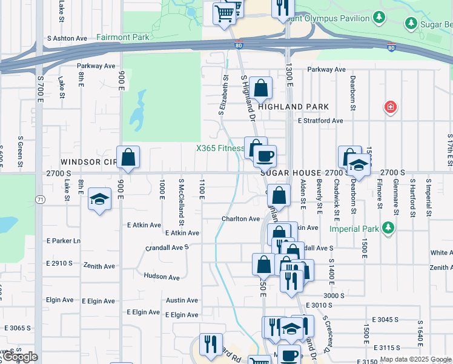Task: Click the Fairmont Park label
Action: pos(123,37)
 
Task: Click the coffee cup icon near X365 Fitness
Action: pos(265,157)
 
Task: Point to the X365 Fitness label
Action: pos(219,149)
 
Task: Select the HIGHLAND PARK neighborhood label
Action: pos(294,107)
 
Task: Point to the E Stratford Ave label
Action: pos(320,121)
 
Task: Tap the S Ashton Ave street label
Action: pos(67,38)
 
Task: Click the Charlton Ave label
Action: pos(240,218)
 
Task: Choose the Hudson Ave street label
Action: pos(162,277)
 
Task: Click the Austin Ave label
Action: pos(182,300)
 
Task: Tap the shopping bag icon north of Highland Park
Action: pos(260,89)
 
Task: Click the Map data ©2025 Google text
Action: pos(415,359)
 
